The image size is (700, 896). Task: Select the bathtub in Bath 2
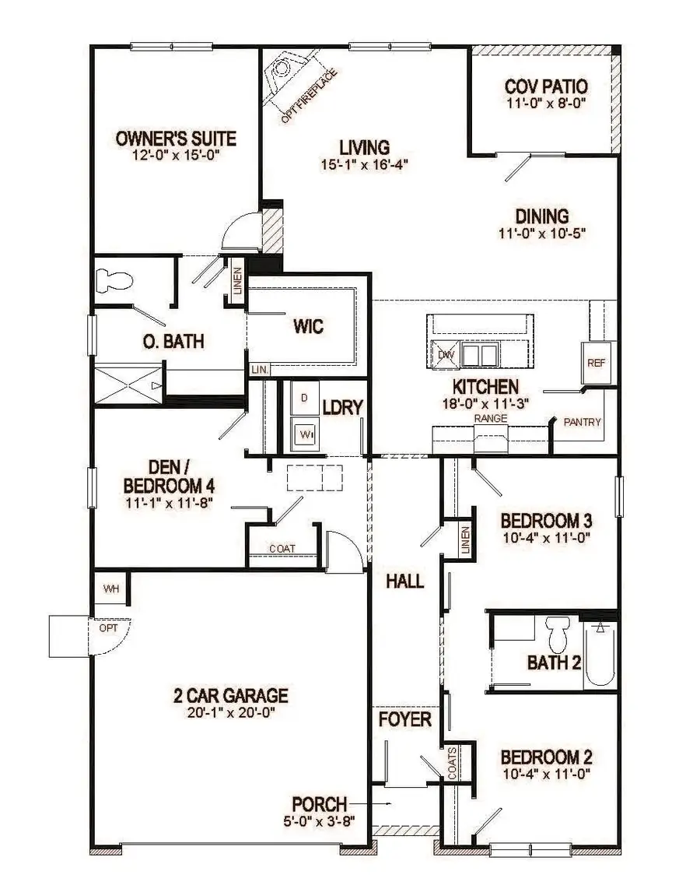[600, 654]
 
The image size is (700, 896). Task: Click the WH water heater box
[111, 589]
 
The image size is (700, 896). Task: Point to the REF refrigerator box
[596, 363]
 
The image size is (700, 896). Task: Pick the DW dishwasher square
[445, 354]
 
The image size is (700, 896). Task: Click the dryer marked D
[304, 398]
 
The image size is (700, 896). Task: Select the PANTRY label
[583, 422]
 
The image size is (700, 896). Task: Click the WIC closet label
[308, 326]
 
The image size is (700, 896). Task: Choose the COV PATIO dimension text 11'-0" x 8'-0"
[545, 102]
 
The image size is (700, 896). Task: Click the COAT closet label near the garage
[282, 549]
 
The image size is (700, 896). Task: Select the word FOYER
[404, 719]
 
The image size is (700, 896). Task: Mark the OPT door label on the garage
[108, 627]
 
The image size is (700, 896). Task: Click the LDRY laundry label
[343, 407]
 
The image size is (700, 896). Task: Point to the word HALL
[404, 581]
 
